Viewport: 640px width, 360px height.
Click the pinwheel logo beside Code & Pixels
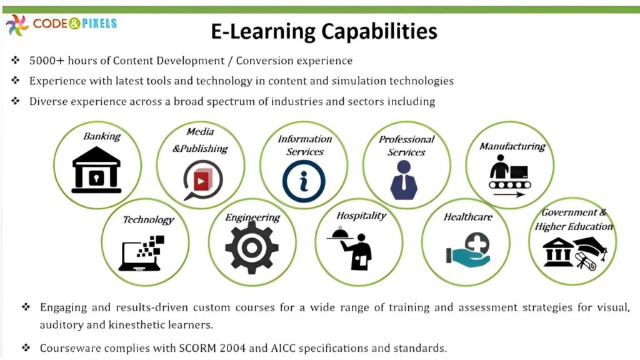tap(17, 25)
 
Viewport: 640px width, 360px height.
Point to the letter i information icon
tap(304, 181)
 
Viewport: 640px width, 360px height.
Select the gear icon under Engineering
tap(251, 247)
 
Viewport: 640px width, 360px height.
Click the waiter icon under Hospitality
tap(353, 249)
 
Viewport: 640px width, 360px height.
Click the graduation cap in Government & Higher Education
tap(591, 246)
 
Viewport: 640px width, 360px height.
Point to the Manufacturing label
tap(512, 146)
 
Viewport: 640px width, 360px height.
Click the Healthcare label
tap(468, 217)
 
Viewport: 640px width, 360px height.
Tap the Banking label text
tap(102, 136)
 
